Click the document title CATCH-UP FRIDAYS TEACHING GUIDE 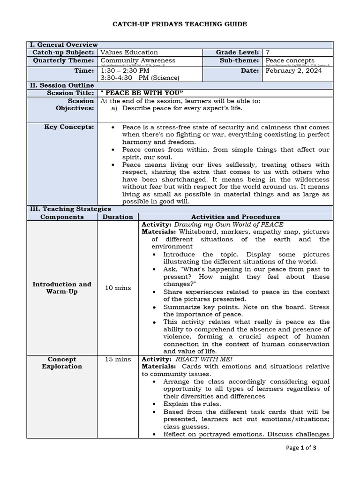pos(180,24)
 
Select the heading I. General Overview pos(64,45)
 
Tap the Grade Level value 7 pos(268,52)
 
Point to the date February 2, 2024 pos(293,71)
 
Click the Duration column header pos(118,217)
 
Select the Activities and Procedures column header pos(236,217)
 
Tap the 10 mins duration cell pos(118,288)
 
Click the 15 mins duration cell pos(118,360)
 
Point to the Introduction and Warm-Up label pos(62,288)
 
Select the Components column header pos(62,217)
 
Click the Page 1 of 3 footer pos(300,448)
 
